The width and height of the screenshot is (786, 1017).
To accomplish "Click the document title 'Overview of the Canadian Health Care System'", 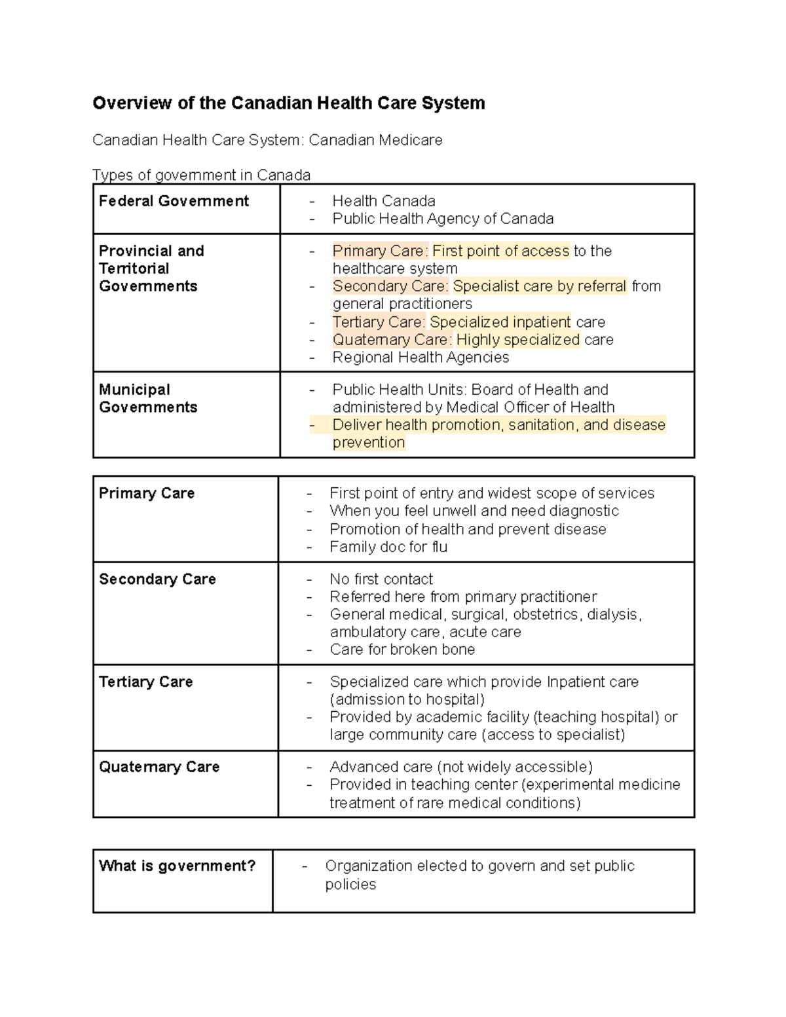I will [288, 103].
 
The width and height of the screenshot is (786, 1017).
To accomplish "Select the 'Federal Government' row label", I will [174, 201].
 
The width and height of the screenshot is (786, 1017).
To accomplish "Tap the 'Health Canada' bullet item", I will [383, 201].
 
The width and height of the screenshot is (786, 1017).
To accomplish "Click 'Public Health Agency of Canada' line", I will [443, 219].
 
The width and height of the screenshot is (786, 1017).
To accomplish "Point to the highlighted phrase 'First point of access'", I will [500, 251].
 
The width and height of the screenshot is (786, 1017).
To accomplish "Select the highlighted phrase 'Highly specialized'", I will [517, 340].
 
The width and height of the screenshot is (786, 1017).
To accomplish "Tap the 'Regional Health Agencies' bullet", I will [421, 358].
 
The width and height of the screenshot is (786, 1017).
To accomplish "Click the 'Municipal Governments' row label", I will [148, 398].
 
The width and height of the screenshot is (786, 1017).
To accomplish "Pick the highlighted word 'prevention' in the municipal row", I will [369, 443].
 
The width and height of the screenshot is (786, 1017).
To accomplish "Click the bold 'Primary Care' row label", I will [147, 493].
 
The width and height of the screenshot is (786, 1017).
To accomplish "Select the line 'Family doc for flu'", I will [388, 547].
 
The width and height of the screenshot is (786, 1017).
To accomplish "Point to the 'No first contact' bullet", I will [381, 579].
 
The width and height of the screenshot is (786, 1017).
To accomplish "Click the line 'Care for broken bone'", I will [402, 650].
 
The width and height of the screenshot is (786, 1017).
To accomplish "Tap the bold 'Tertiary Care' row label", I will [145, 682].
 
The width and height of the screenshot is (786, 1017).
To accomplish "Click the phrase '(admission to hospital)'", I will [407, 699].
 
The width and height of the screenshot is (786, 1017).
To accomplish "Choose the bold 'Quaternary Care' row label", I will [159, 767].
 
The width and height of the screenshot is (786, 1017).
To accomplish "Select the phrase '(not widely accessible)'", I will [515, 767].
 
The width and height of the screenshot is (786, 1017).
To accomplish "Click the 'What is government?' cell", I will [177, 866].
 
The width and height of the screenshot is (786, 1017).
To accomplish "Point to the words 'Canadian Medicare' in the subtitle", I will [375, 140].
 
